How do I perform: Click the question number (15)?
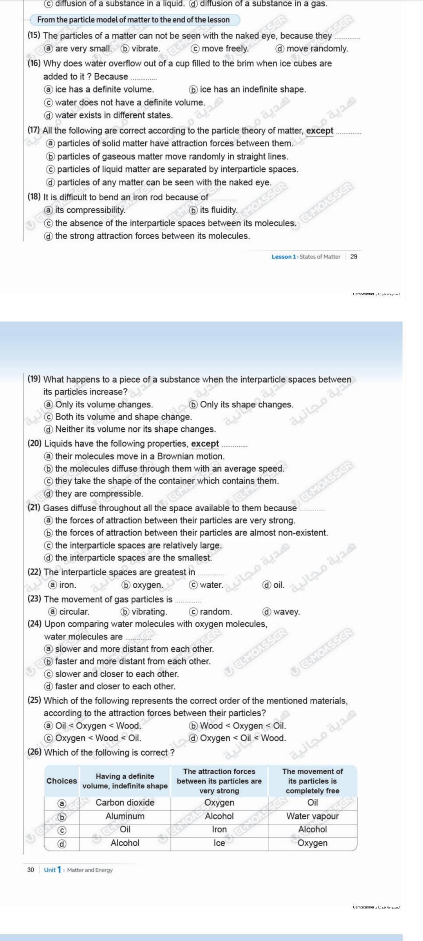34,36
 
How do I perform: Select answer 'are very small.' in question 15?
83,49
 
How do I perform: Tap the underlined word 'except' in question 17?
320,131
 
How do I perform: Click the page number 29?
354,257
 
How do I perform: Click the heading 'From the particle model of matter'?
133,20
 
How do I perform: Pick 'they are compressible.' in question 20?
99,493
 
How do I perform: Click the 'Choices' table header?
61,781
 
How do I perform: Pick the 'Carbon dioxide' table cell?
125,802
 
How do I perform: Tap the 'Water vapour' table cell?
312,816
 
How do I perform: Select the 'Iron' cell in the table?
219,829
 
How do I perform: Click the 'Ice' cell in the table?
219,843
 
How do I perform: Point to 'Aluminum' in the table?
125,816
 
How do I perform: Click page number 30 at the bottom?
31,870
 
